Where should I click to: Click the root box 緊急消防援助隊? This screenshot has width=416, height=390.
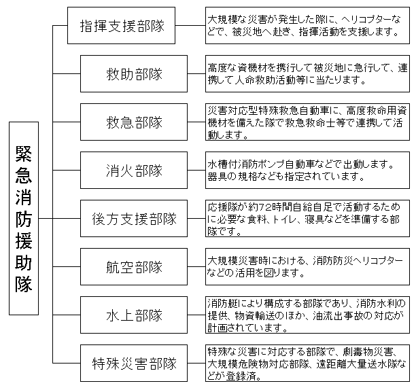tap(24, 219)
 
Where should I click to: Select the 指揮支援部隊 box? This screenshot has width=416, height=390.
tap(121, 25)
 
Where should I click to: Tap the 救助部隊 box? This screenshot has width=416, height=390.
tap(134, 73)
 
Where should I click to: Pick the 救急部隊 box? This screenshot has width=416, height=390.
tap(134, 122)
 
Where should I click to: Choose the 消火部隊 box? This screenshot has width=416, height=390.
tap(134, 171)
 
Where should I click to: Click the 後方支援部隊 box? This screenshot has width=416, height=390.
tap(134, 219)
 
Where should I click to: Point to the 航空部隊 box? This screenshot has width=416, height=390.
tap(134, 267)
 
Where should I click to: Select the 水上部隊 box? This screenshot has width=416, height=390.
tap(134, 315)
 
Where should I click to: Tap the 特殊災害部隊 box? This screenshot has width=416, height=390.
tap(134, 364)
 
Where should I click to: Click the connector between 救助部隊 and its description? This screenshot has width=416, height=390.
tap(196, 73)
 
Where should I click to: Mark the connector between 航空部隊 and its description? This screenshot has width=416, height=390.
tap(196, 267)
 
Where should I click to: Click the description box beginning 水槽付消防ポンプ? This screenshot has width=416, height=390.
tap(307, 171)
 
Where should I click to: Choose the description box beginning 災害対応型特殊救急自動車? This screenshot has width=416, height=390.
tap(307, 122)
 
